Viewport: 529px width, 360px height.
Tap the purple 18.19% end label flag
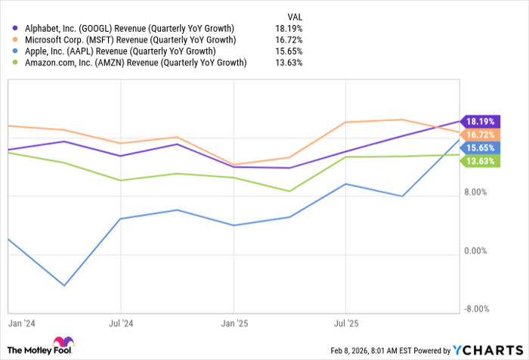coord(480,121)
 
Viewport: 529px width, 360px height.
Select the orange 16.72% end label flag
coord(480,134)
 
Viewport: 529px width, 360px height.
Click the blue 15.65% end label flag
coord(480,148)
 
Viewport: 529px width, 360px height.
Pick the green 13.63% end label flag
coord(480,161)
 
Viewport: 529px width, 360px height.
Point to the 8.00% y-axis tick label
coord(476,192)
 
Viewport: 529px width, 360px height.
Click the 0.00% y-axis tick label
coord(476,250)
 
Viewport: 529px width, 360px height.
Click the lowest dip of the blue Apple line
coord(64,285)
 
